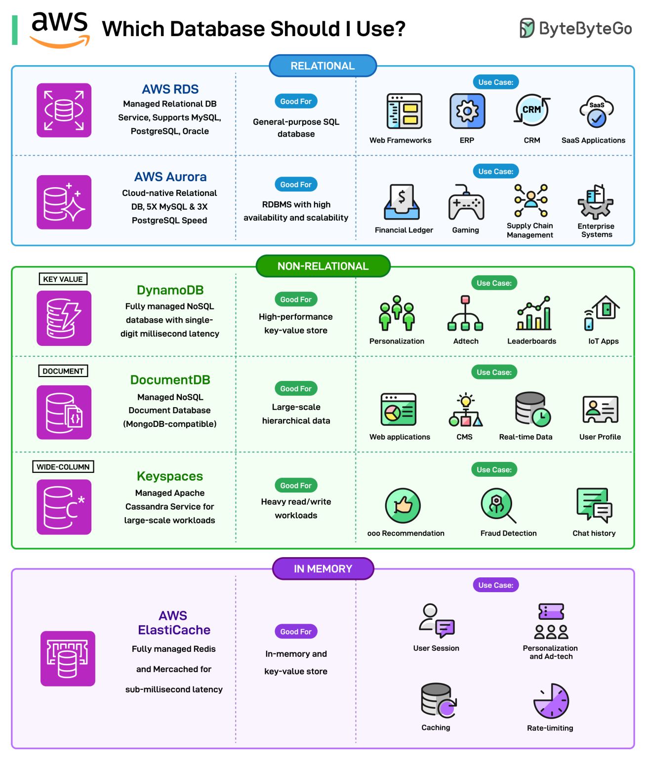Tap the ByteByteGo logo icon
(526, 28)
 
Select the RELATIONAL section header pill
(323, 66)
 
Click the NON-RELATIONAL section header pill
(323, 266)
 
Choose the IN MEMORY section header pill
(323, 568)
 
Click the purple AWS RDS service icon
(64, 110)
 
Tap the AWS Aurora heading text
(170, 177)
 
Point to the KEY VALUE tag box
(63, 279)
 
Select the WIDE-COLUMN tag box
(63, 466)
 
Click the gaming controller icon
(466, 203)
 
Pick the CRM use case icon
(531, 110)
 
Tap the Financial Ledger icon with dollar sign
(402, 202)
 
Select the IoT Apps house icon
(603, 313)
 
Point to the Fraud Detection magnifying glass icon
(498, 505)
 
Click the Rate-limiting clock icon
(551, 701)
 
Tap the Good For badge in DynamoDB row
(296, 299)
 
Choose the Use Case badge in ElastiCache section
(495, 585)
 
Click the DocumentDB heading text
(170, 379)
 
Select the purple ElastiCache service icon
(68, 658)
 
